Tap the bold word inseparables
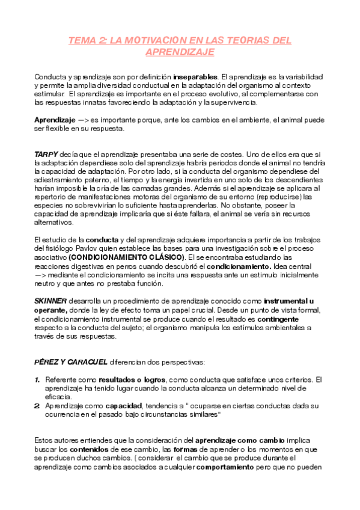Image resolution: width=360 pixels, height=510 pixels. click(x=195, y=78)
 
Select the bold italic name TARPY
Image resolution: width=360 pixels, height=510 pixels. click(x=45, y=155)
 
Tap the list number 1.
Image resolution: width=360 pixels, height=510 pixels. click(x=37, y=379)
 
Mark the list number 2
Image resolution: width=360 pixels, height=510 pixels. click(x=37, y=406)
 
